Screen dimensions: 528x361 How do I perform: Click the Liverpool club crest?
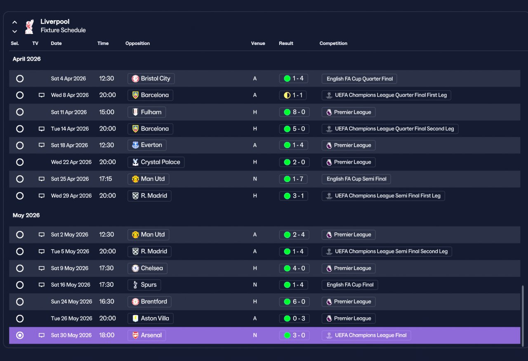29,26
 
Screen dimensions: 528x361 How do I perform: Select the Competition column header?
333,43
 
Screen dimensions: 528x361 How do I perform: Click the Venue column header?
258,43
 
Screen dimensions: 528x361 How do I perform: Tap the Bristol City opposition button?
151,78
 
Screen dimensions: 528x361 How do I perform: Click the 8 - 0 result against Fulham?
294,112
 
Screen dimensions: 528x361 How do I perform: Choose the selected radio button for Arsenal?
20,335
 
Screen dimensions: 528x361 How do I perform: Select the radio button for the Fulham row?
20,112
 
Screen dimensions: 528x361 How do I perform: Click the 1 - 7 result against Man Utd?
293,179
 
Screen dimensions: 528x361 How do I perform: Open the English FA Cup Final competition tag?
350,285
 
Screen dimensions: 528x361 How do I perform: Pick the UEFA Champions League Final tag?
366,335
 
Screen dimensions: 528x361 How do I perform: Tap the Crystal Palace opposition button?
156,162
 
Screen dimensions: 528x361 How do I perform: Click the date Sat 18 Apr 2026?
69,145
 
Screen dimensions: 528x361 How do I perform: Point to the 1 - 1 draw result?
293,95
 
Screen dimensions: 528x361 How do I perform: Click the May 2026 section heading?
26,215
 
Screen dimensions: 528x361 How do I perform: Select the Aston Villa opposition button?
151,319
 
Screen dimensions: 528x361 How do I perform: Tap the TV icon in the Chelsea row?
42,268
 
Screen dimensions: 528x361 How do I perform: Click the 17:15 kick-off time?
106,179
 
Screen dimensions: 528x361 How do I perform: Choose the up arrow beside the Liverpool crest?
14,22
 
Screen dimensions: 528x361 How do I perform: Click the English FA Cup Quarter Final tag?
359,79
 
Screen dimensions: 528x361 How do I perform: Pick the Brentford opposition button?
149,302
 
